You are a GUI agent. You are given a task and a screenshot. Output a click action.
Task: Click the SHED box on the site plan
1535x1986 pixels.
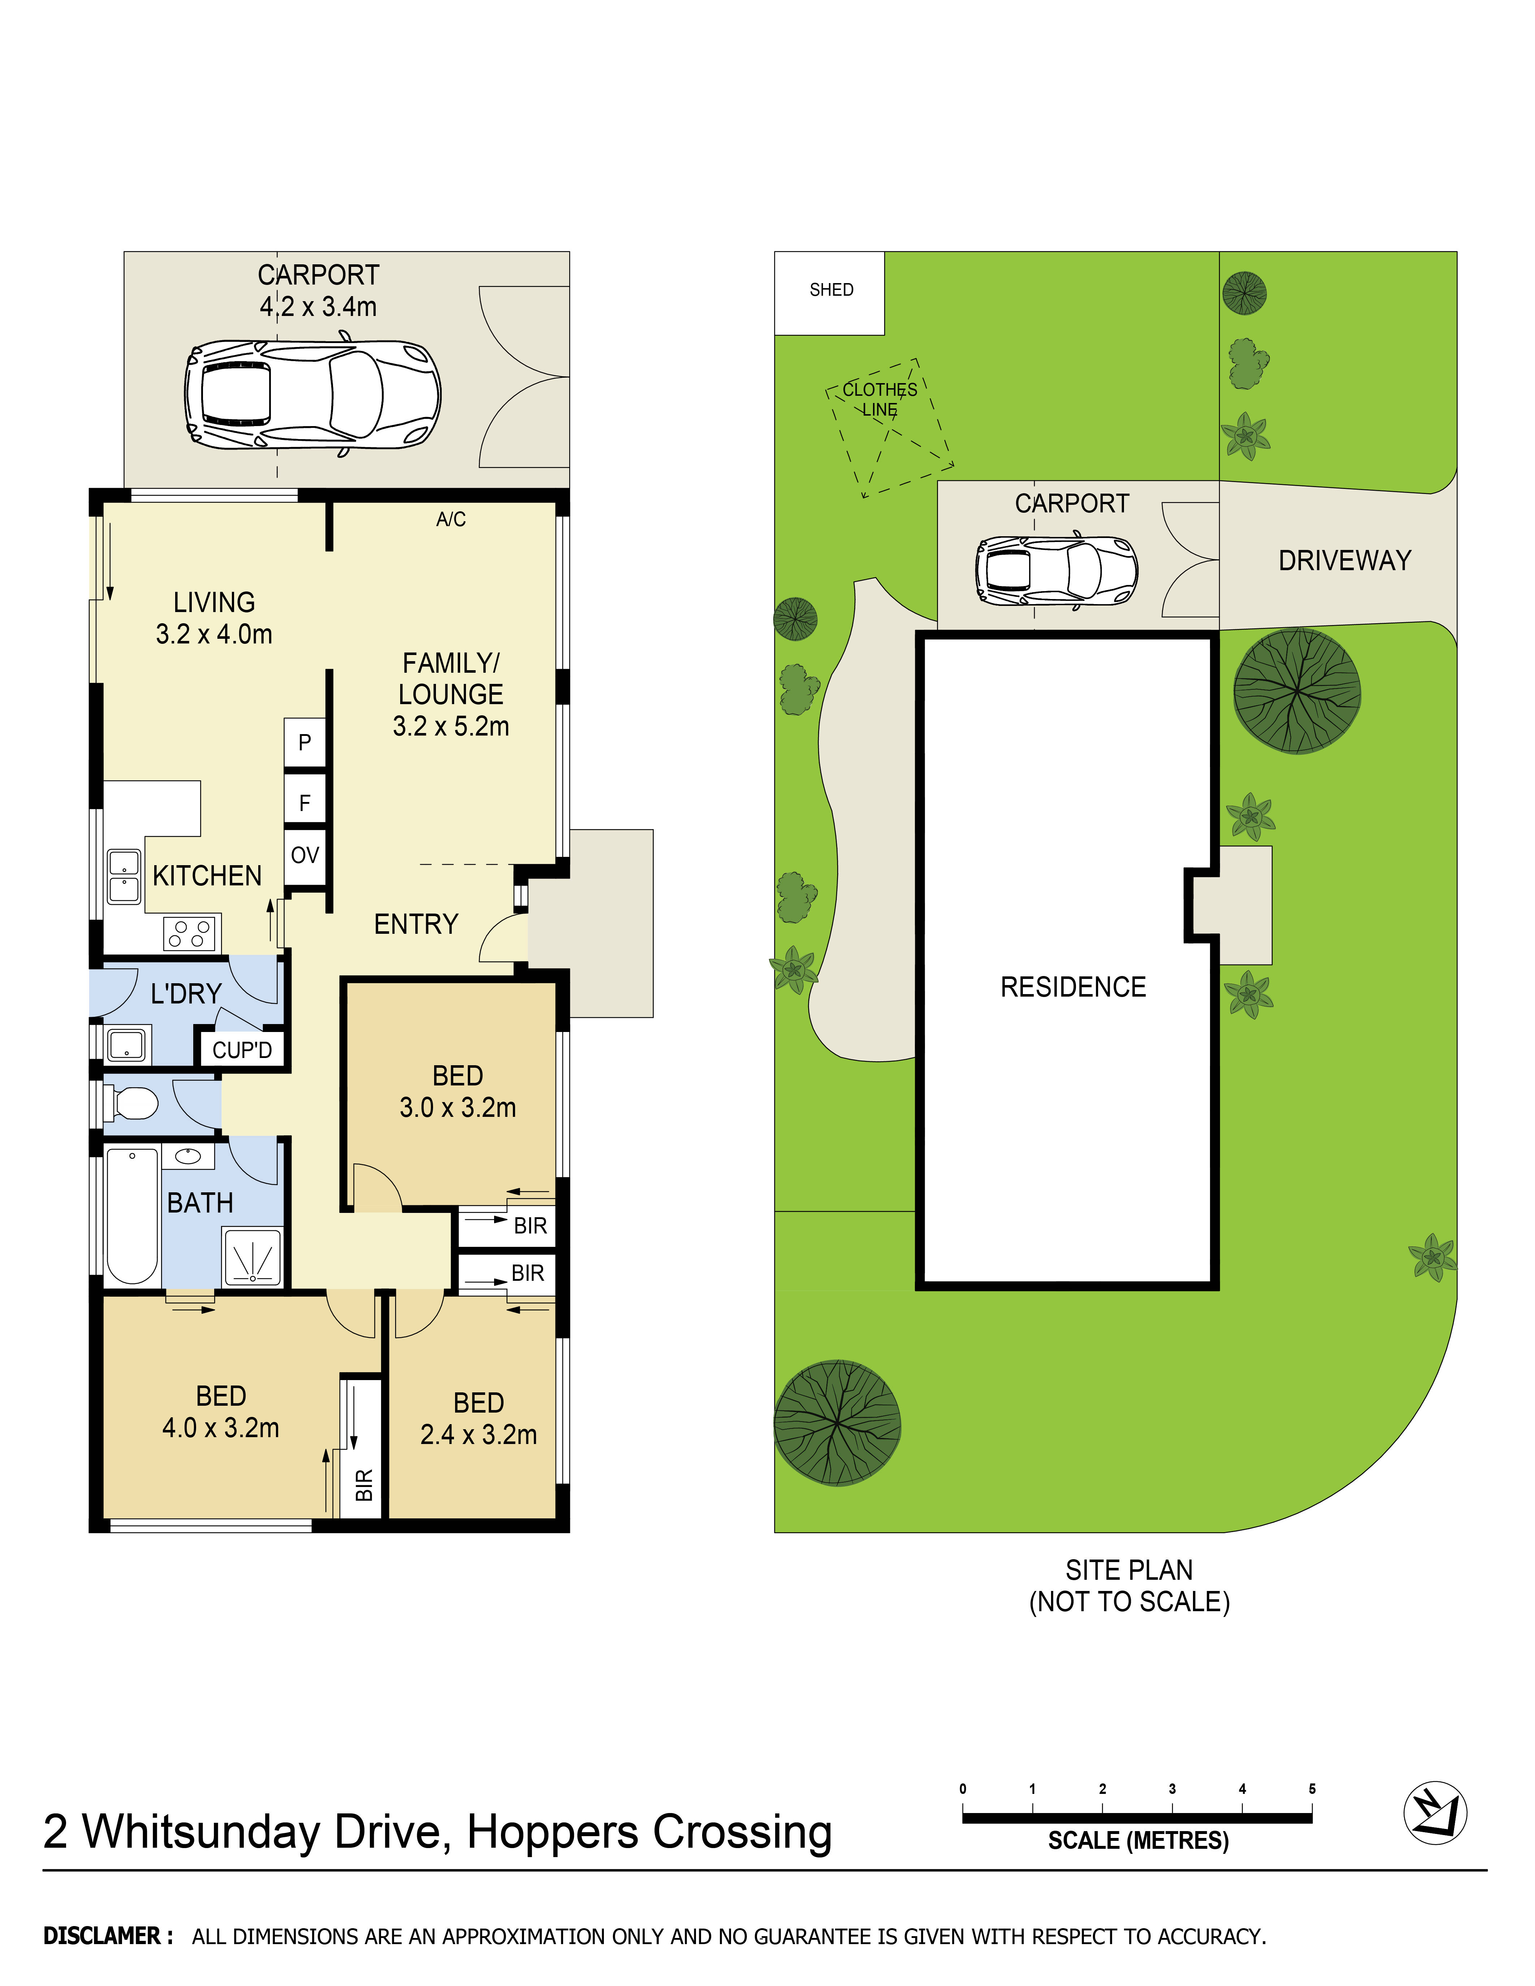click(x=829, y=293)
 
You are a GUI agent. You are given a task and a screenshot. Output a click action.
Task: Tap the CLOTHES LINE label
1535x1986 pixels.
click(x=879, y=399)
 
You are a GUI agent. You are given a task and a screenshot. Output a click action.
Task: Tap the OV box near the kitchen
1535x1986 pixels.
click(x=304, y=856)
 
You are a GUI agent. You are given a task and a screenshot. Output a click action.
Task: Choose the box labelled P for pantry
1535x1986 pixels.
click(x=304, y=743)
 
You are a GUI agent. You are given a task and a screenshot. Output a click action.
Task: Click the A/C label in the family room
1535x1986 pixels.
click(x=451, y=519)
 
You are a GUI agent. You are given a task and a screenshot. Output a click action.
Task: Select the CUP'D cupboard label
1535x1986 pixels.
click(x=242, y=1050)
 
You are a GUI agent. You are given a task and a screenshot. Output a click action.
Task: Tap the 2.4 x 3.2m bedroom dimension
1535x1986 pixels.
click(x=478, y=1434)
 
